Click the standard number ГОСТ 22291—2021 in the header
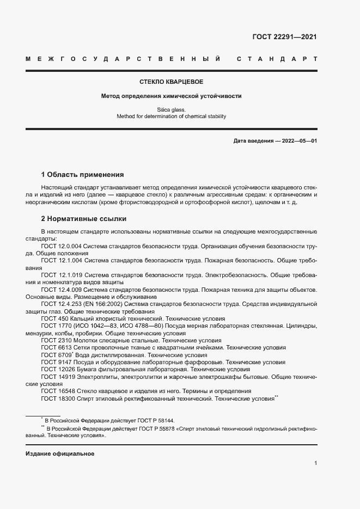tap(284, 37)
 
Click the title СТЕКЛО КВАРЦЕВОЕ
tap(172, 82)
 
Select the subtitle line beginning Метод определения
tap(172, 96)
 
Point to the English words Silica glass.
tap(172, 109)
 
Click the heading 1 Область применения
tap(83, 175)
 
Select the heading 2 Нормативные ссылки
tap(84, 219)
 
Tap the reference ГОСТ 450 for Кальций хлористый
tap(54, 318)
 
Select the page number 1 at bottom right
tap(316, 463)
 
